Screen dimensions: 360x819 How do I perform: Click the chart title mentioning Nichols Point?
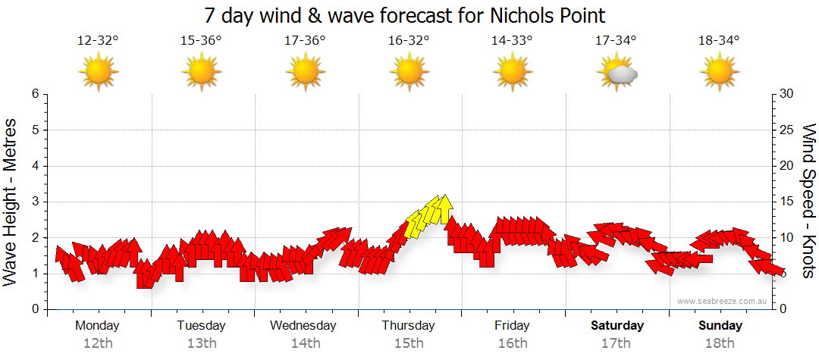coord(405,16)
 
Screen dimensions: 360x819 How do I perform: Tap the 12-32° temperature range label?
coord(98,41)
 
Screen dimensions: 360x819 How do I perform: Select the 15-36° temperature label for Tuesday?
coord(201,41)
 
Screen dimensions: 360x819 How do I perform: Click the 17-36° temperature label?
coord(305,41)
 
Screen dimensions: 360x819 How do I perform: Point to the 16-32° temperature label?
coord(409,41)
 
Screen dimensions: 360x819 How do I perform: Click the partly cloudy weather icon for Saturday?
coord(617,74)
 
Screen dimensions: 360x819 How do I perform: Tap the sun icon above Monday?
coord(98,74)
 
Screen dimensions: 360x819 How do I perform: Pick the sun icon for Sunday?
coord(720,74)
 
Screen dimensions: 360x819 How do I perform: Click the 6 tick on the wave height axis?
coord(35,94)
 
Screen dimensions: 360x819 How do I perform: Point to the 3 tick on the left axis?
coord(35,202)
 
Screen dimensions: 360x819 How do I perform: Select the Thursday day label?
coord(408,326)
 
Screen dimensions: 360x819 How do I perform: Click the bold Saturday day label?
coord(617,326)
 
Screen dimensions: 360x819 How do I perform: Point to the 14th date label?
coord(305,343)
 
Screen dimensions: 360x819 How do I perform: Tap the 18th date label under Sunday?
coord(720,343)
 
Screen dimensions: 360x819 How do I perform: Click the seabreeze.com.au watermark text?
coord(723,302)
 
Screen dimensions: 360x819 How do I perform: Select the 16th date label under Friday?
coord(513,343)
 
